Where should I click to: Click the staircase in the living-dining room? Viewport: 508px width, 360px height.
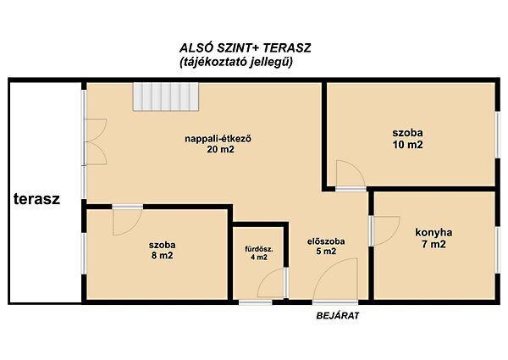(x=166, y=97)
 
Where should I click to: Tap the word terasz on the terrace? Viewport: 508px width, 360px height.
(x=36, y=198)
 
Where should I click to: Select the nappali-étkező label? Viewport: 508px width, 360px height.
(x=218, y=139)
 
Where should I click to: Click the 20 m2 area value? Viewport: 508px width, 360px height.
(x=220, y=149)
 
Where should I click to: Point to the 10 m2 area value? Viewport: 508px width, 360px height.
(x=407, y=144)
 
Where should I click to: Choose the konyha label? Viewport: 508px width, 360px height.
(x=433, y=232)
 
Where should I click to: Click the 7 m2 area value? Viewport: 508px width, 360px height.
(x=433, y=244)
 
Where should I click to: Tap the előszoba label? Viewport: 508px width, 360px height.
(x=326, y=241)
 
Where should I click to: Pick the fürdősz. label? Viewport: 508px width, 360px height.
(x=259, y=250)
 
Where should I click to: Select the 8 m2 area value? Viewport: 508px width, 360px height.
(x=162, y=255)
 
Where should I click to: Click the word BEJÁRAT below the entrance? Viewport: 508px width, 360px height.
(x=338, y=316)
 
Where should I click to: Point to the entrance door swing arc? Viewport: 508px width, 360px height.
(x=328, y=271)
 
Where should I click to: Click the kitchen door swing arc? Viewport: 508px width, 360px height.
(x=395, y=233)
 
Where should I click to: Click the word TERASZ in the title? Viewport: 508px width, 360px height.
(x=287, y=48)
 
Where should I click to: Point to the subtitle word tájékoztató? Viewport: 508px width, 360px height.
(x=214, y=62)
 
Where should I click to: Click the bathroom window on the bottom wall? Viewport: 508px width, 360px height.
(x=256, y=302)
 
